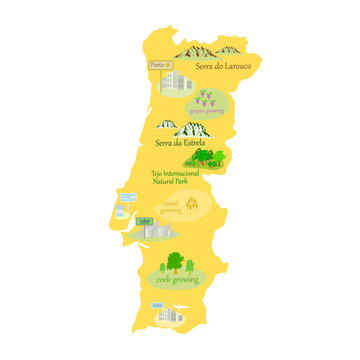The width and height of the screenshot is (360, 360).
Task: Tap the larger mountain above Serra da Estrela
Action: click(x=190, y=128)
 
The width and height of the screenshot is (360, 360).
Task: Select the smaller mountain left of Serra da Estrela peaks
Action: click(x=165, y=128)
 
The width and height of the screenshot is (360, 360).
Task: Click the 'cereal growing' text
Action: click(x=173, y=207)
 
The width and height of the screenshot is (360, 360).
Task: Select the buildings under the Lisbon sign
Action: click(x=153, y=231)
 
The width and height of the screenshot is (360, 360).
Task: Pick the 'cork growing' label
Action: click(x=178, y=281)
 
